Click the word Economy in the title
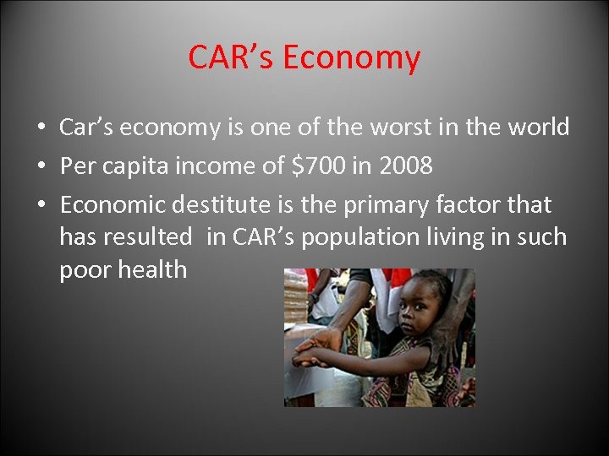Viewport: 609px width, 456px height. [351, 57]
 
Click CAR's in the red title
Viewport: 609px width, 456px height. [231, 57]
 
